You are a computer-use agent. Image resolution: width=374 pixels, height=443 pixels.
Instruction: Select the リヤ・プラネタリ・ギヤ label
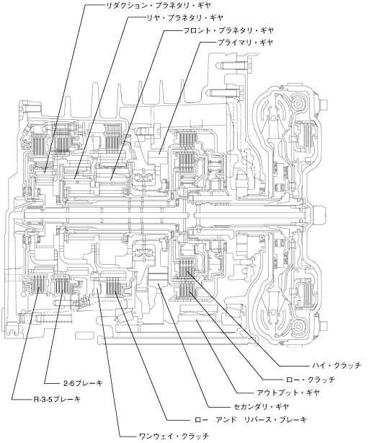point(184,18)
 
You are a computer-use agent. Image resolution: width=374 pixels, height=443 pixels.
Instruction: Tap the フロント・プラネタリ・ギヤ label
point(228,30)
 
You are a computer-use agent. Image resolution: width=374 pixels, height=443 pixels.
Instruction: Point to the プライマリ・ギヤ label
point(245,43)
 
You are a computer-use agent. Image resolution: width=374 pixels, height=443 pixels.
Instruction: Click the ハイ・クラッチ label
point(337,366)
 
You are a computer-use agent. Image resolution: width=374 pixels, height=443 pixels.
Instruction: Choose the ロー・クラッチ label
point(310,380)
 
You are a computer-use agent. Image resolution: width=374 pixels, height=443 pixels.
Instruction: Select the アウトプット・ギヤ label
point(288,392)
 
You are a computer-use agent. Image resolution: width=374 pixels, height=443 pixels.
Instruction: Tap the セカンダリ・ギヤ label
point(262,406)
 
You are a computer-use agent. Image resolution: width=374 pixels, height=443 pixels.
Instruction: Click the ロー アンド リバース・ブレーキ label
point(251,419)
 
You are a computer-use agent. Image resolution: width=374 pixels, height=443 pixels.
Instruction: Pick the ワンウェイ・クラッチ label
point(174,435)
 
